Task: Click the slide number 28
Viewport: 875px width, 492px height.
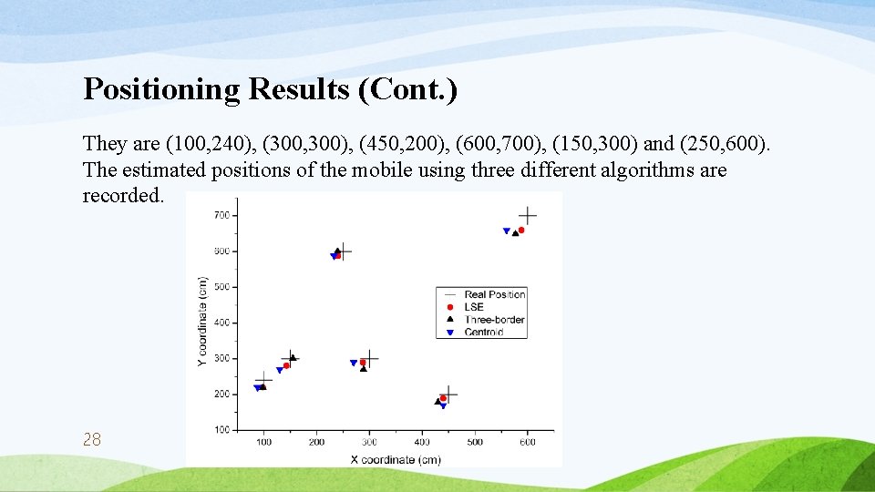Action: [x=91, y=440]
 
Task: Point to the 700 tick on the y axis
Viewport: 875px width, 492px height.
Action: [x=221, y=215]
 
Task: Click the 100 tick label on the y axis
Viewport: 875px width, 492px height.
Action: [x=221, y=430]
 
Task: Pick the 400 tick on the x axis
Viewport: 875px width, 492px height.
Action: [x=422, y=442]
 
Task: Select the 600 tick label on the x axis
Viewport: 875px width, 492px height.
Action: [x=528, y=442]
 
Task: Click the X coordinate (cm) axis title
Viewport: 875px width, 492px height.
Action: [x=396, y=459]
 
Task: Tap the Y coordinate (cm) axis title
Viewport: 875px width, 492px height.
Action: [x=201, y=323]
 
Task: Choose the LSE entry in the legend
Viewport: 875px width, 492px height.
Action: [x=474, y=307]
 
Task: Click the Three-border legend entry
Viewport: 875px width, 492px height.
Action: [x=493, y=320]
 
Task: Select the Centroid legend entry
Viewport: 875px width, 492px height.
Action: [x=483, y=333]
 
